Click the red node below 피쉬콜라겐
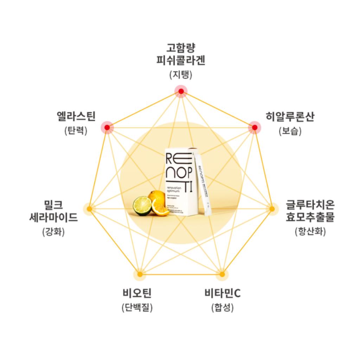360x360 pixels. coord(181,91)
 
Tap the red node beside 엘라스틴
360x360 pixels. coord(107,127)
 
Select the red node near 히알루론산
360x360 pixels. coord(254,127)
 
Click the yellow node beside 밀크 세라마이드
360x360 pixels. coord(89,209)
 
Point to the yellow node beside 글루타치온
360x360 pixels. coord(272,209)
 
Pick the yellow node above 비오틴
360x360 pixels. coord(140,274)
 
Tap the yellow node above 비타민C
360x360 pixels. coord(221,274)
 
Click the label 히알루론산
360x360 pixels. coord(290,117)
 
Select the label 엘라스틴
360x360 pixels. coord(76,116)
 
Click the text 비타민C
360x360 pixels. coord(223,293)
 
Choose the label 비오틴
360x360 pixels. coord(137,293)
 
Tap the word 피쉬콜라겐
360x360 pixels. coord(181,60)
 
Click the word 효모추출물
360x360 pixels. coord(310,217)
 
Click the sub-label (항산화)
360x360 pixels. coord(310,232)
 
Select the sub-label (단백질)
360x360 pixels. coord(137,308)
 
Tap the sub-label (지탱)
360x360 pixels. coord(181,75)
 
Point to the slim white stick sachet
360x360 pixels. coord(203,185)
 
